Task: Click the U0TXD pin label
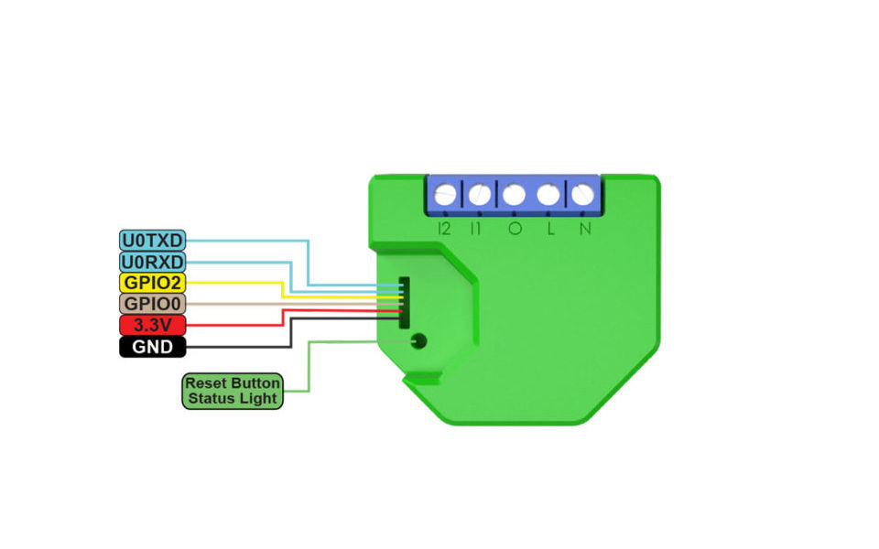[153, 241]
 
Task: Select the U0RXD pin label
[153, 262]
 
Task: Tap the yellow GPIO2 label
[153, 283]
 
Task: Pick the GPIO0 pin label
[153, 304]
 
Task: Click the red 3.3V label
[153, 325]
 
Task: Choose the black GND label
[153, 347]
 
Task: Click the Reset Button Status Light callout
[232, 391]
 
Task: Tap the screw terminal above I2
[446, 195]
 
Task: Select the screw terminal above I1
[479, 195]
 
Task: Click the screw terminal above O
[514, 195]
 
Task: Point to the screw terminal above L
[548, 195]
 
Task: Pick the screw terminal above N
[581, 195]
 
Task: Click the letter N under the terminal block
[584, 229]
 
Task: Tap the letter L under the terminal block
[550, 229]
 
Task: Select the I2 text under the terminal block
[445, 229]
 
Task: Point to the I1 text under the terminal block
[476, 229]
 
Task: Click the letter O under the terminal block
[515, 229]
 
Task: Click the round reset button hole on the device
[419, 342]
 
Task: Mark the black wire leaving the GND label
[238, 347]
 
